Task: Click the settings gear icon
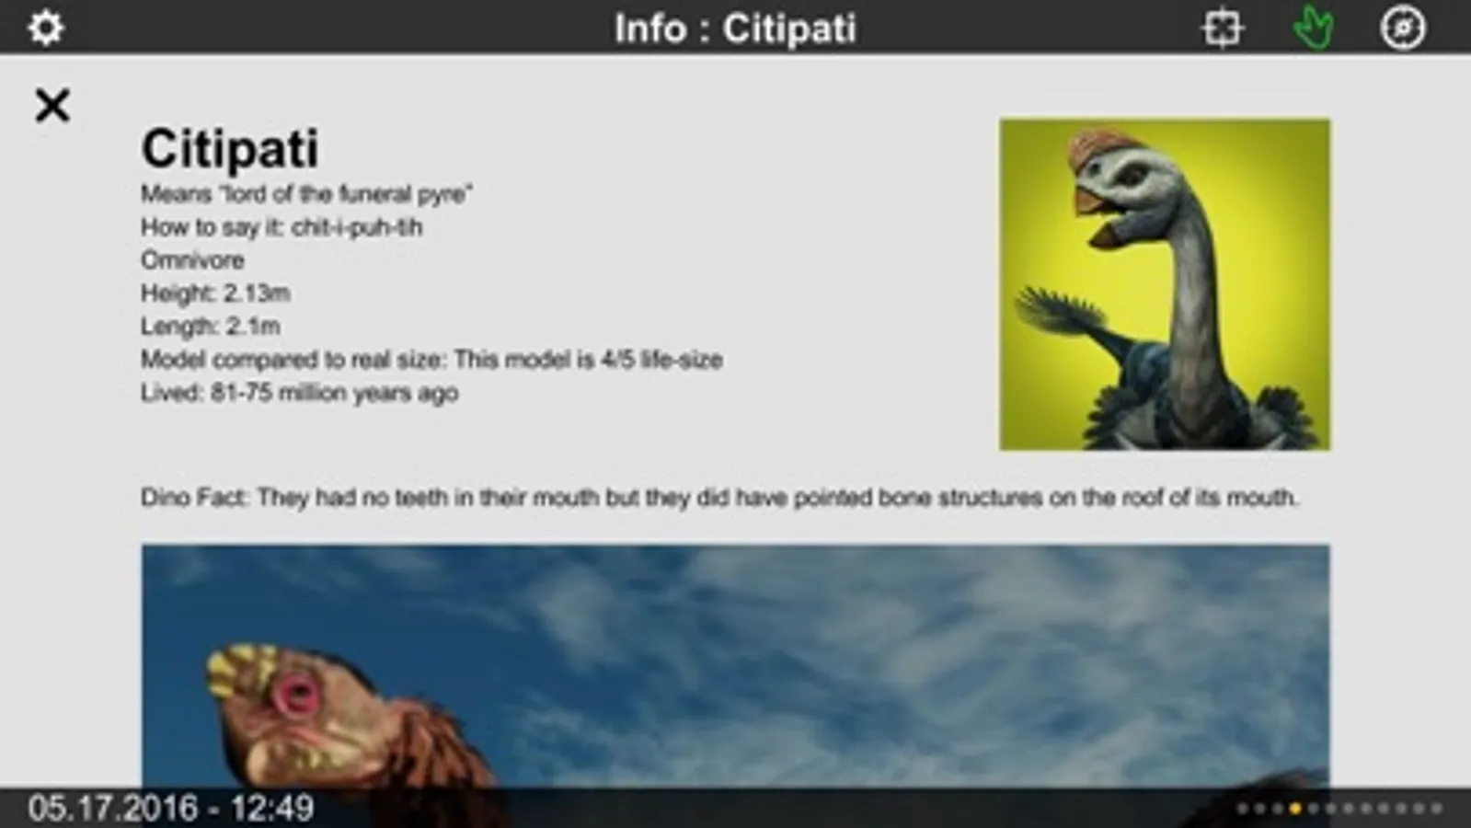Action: click(45, 28)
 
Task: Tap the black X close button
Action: click(52, 105)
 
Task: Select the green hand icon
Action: click(1314, 28)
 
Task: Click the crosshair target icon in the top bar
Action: click(1222, 29)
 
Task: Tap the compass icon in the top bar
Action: click(1403, 28)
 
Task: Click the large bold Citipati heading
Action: click(230, 148)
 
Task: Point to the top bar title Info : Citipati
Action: click(736, 29)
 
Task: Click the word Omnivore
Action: click(192, 260)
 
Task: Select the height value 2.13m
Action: click(257, 293)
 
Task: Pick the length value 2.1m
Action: click(254, 327)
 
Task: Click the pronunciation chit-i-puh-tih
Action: click(357, 228)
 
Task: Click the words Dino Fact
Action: click(194, 498)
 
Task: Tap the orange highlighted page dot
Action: click(1295, 809)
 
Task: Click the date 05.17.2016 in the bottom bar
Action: click(112, 809)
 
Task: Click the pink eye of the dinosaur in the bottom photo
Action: click(297, 694)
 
